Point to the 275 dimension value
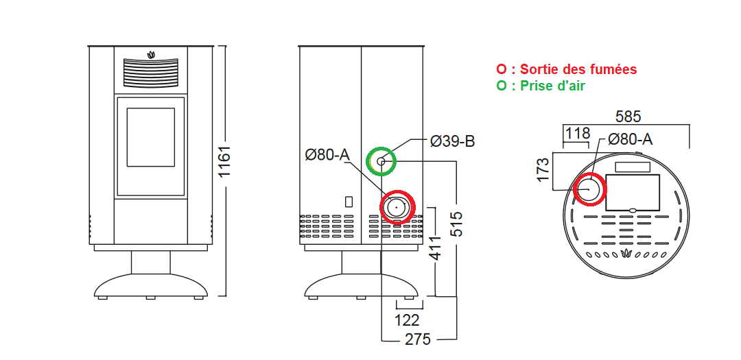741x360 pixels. [418, 339]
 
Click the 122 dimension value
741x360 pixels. [406, 320]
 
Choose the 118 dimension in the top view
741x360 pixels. [578, 134]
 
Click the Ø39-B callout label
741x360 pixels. [451, 141]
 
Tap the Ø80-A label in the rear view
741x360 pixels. [327, 154]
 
